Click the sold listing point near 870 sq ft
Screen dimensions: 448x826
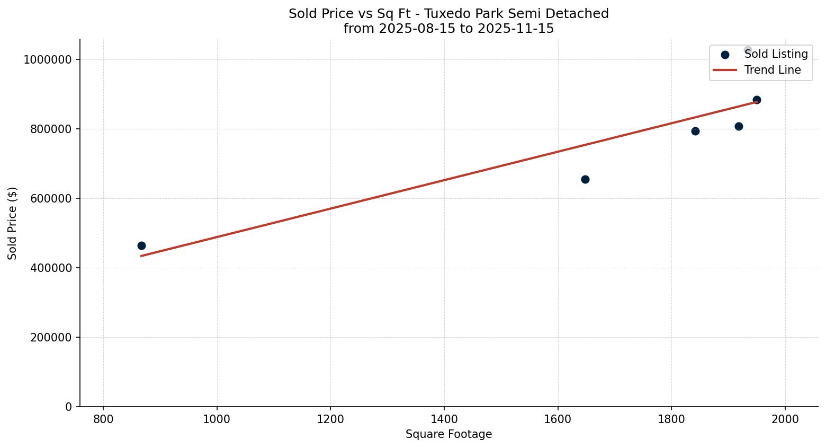point(141,245)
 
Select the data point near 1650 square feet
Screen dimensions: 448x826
point(585,179)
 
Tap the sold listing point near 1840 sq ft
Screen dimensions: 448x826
point(695,131)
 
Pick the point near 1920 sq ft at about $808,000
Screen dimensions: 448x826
point(739,126)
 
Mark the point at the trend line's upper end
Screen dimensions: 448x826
point(757,100)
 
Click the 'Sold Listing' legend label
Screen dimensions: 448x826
point(776,54)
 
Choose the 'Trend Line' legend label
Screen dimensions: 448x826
point(773,70)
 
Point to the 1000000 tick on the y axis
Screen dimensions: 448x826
point(47,59)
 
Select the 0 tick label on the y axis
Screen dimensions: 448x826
point(68,407)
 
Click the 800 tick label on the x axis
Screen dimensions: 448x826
point(103,419)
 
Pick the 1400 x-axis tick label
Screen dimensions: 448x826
point(444,419)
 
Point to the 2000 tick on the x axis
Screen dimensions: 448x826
point(785,419)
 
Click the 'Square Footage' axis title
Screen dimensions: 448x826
point(448,434)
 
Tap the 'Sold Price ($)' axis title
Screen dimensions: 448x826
point(13,223)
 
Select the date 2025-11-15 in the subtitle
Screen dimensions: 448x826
point(516,29)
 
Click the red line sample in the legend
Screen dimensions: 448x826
point(725,70)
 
